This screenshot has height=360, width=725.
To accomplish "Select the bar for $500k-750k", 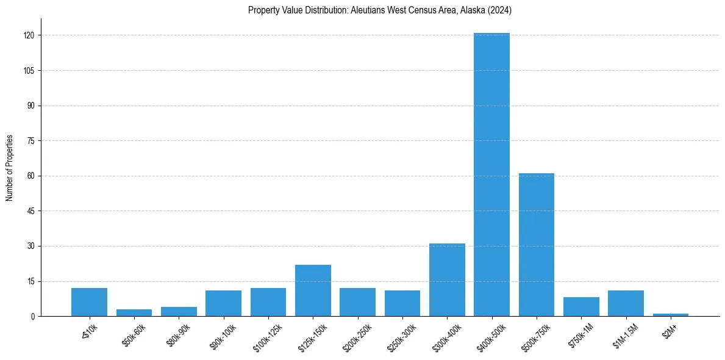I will pyautogui.click(x=537, y=245).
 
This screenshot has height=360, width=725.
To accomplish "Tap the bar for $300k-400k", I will pyautogui.click(x=447, y=280).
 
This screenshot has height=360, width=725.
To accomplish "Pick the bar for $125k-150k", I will pyautogui.click(x=313, y=290).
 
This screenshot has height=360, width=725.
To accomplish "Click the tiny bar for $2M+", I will pyautogui.click(x=671, y=315).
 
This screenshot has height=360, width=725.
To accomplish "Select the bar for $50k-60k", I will pyautogui.click(x=134, y=313).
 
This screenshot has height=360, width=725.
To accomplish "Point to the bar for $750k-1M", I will pyautogui.click(x=581, y=307).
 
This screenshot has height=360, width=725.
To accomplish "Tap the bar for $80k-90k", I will pyautogui.click(x=179, y=312).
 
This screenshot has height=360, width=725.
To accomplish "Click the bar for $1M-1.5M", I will pyautogui.click(x=626, y=303).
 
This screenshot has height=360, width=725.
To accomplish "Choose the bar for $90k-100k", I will pyautogui.click(x=223, y=303).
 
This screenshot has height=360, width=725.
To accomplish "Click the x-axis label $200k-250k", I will pyautogui.click(x=356, y=334).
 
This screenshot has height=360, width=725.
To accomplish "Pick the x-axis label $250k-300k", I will pyautogui.click(x=401, y=334).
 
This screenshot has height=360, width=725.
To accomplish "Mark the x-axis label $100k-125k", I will pyautogui.click(x=266, y=334).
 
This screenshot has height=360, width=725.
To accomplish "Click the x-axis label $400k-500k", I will pyautogui.click(x=490, y=334).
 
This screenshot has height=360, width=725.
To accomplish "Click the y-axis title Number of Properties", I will pyautogui.click(x=10, y=168).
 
